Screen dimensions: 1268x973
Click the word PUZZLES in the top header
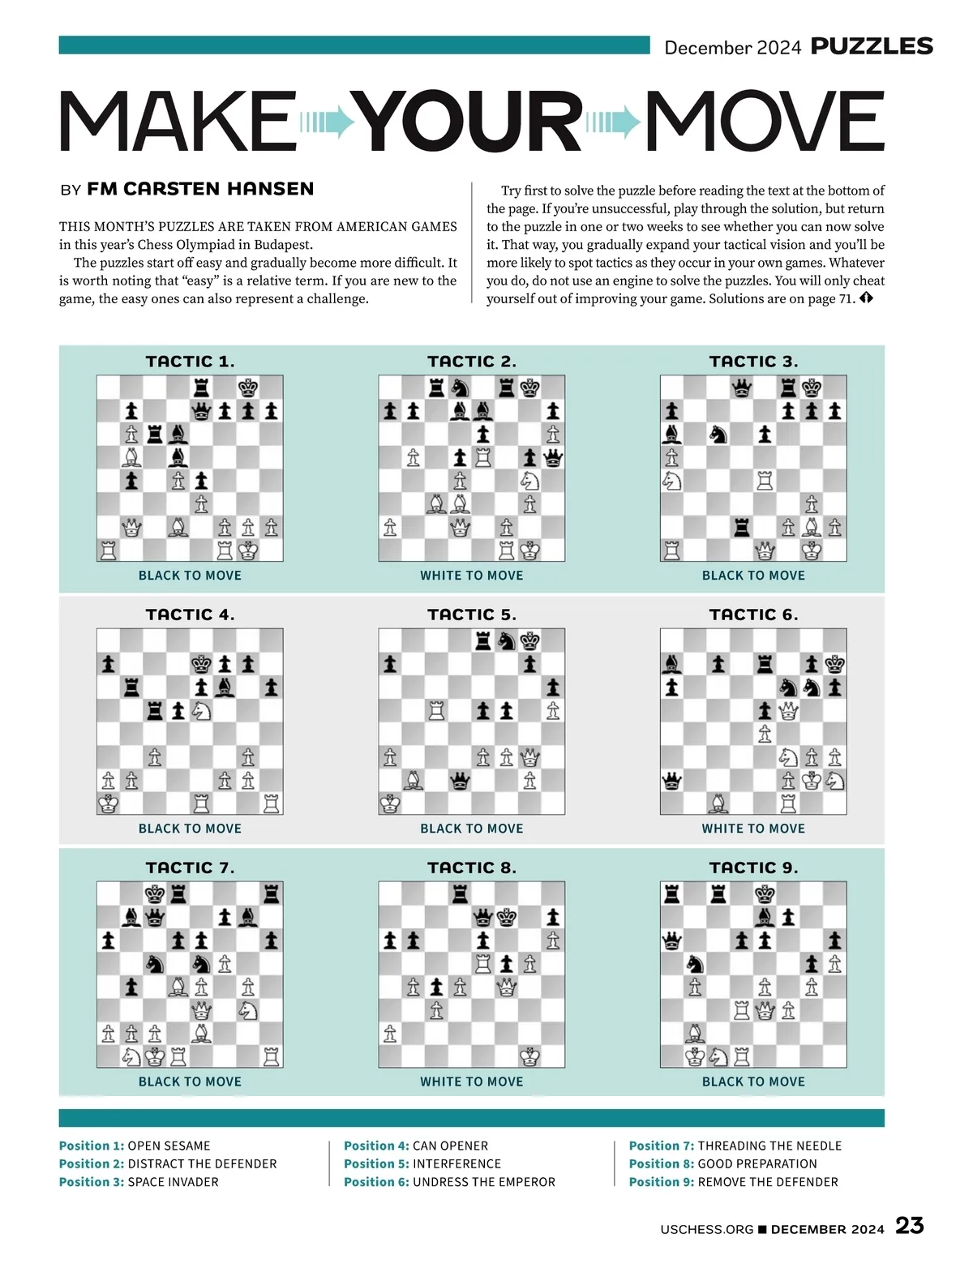click(x=872, y=46)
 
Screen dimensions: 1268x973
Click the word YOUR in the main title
click(x=470, y=122)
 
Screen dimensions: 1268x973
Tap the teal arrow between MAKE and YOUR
click(x=327, y=122)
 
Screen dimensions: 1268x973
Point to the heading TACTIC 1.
click(x=190, y=362)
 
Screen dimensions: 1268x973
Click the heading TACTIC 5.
click(x=471, y=615)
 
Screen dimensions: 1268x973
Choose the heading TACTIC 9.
click(x=753, y=867)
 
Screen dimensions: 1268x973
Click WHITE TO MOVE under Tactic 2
click(x=471, y=576)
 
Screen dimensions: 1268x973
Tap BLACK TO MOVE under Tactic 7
click(x=190, y=1082)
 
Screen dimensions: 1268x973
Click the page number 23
click(x=909, y=1225)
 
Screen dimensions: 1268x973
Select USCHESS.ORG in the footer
click(x=707, y=1229)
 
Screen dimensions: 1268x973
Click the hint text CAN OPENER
click(x=450, y=1146)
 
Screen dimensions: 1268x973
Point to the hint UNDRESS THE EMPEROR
click(x=484, y=1182)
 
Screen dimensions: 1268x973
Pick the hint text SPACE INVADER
click(x=173, y=1182)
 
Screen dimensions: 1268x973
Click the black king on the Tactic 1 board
click(x=248, y=388)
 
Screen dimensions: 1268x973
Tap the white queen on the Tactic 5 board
click(x=529, y=757)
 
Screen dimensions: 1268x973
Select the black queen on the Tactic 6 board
click(x=672, y=781)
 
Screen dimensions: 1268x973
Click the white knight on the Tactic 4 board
click(x=201, y=711)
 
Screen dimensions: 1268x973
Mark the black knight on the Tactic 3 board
click(x=718, y=435)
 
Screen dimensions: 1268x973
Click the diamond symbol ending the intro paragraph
click(x=866, y=298)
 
